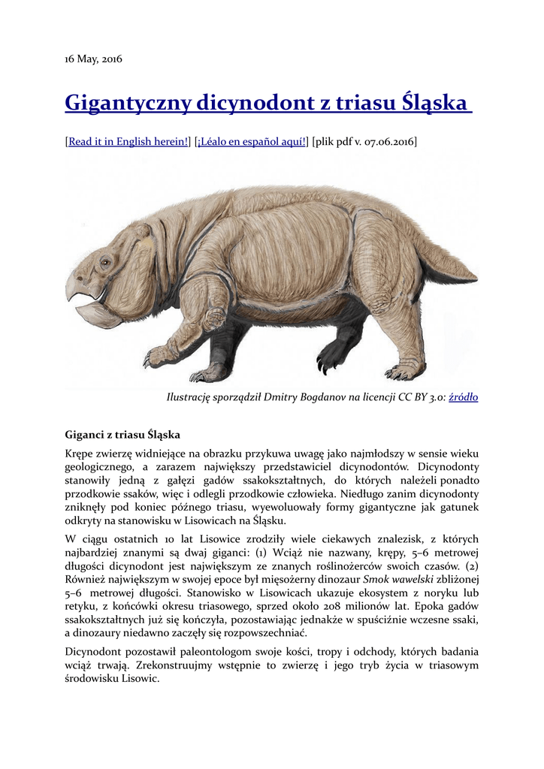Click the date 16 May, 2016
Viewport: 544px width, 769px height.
(x=93, y=58)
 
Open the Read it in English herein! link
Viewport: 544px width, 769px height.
(x=128, y=141)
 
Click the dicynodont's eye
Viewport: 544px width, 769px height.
(x=105, y=262)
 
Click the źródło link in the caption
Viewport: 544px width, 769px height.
(x=464, y=397)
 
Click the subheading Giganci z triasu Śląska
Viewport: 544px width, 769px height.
(x=122, y=434)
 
